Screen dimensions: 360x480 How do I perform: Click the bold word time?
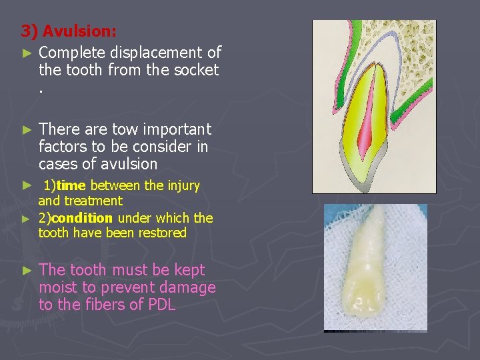click(70, 185)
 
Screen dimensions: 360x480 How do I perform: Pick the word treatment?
click(98, 201)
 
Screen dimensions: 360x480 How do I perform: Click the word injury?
click(183, 185)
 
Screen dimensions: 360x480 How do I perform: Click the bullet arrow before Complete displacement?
click(26, 53)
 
